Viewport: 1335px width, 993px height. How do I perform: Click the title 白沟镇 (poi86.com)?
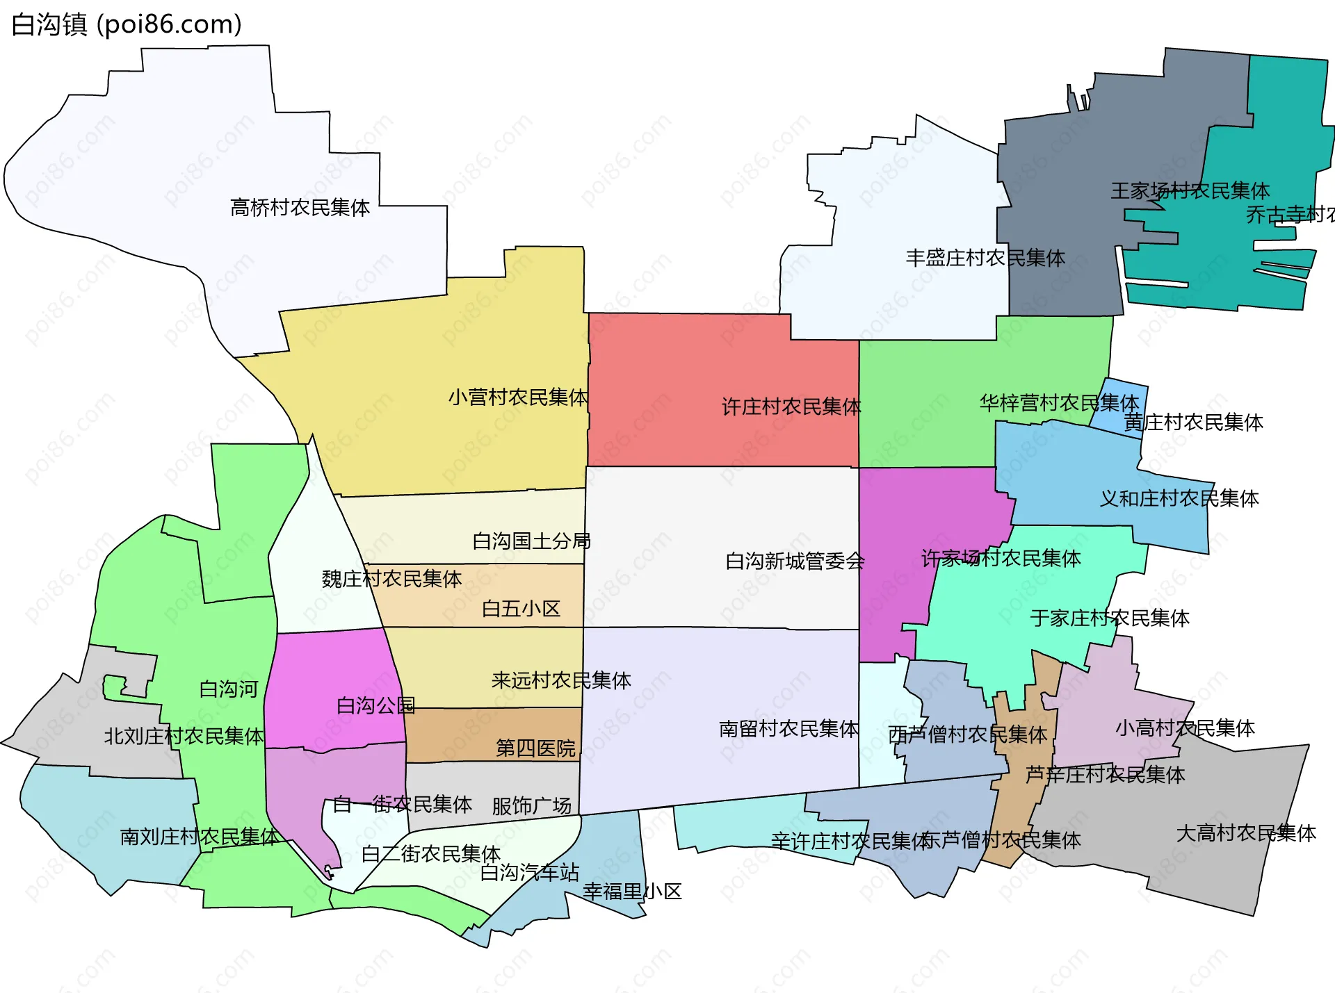coord(127,25)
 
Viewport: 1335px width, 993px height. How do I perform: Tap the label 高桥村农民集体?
coord(300,208)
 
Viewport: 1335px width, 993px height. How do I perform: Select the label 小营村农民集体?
coord(518,397)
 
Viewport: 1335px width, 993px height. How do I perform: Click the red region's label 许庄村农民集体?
coord(791,407)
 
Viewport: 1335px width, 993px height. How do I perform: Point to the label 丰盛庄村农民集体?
coord(985,258)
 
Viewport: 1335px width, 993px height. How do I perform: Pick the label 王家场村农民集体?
coord(1190,191)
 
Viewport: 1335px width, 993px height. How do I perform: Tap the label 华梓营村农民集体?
coord(1059,403)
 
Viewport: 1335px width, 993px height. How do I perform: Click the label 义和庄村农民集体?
coord(1179,499)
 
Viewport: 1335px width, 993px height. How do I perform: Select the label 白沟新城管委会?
coord(795,561)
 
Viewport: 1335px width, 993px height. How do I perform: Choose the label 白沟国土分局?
coord(531,541)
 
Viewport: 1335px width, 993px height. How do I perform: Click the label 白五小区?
coord(521,609)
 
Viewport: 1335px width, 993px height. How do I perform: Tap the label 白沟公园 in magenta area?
coord(375,707)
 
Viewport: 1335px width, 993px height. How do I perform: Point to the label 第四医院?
coord(535,748)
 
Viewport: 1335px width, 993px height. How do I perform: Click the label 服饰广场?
coord(531,806)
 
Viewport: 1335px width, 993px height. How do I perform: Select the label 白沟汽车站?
coord(529,873)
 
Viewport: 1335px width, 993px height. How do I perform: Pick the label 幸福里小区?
coord(632,892)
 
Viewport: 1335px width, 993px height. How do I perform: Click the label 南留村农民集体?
coord(788,729)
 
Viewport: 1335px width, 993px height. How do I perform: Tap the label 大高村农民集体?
coord(1245,833)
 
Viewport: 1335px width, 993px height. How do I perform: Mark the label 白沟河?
coord(228,689)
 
